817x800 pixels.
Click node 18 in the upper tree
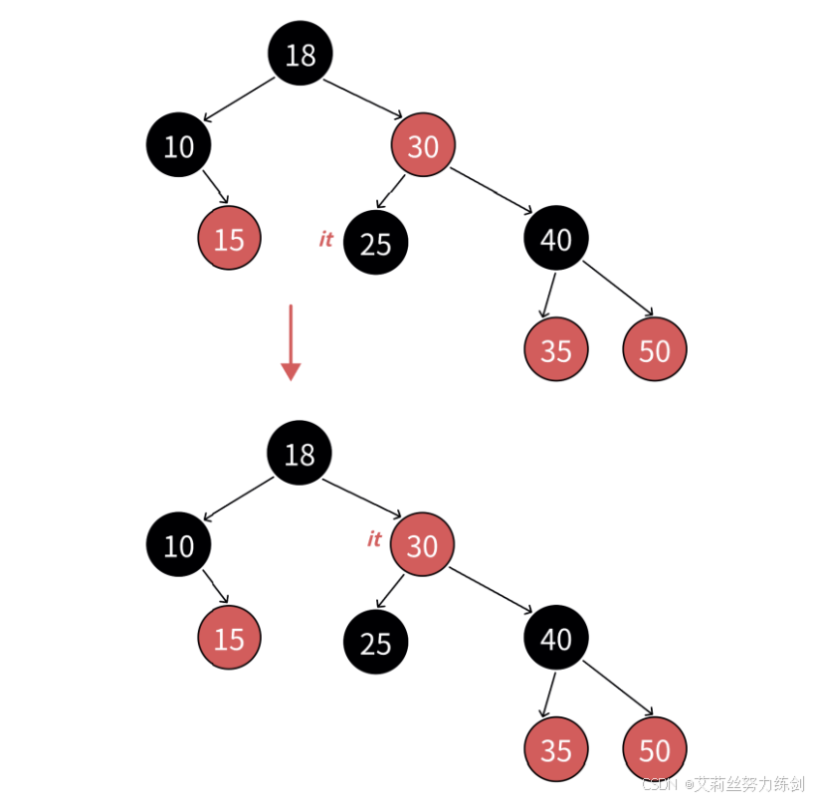(x=300, y=54)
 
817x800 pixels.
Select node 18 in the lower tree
(x=299, y=455)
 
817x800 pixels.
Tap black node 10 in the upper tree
(x=179, y=146)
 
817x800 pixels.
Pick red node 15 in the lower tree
(x=229, y=638)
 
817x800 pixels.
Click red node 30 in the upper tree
(x=423, y=146)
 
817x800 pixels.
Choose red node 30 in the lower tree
(x=422, y=545)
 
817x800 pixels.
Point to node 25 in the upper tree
(x=375, y=243)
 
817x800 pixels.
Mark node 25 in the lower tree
(x=375, y=643)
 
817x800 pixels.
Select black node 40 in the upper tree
(x=555, y=239)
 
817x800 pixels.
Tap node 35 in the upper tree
(x=555, y=350)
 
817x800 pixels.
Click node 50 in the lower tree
(x=654, y=749)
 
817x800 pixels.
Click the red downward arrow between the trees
(x=291, y=342)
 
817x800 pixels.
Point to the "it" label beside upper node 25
(x=325, y=239)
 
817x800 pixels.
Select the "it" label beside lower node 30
(x=374, y=539)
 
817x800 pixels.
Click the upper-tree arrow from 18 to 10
(x=238, y=100)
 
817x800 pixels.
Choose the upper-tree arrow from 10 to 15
(x=216, y=188)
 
